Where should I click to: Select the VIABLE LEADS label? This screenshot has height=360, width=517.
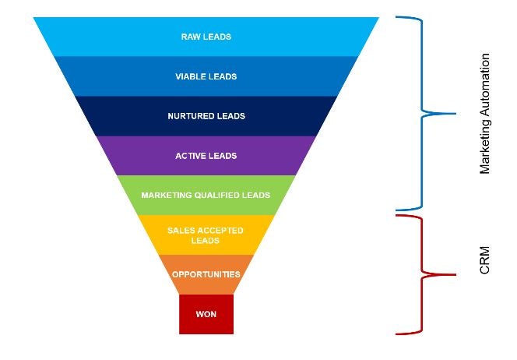pyautogui.click(x=206, y=76)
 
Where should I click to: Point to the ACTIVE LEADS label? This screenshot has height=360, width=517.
pyautogui.click(x=206, y=156)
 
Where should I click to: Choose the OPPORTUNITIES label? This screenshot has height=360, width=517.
pyautogui.click(x=206, y=274)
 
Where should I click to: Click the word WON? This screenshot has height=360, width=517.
pyautogui.click(x=206, y=314)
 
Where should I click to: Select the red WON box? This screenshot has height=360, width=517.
pyautogui.click(x=206, y=323)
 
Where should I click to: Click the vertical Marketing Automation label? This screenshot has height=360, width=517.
pyautogui.click(x=485, y=114)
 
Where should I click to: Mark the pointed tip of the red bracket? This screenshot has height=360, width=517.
pyautogui.click(x=454, y=274)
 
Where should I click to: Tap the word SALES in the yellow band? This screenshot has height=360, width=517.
pyautogui.click(x=181, y=231)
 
